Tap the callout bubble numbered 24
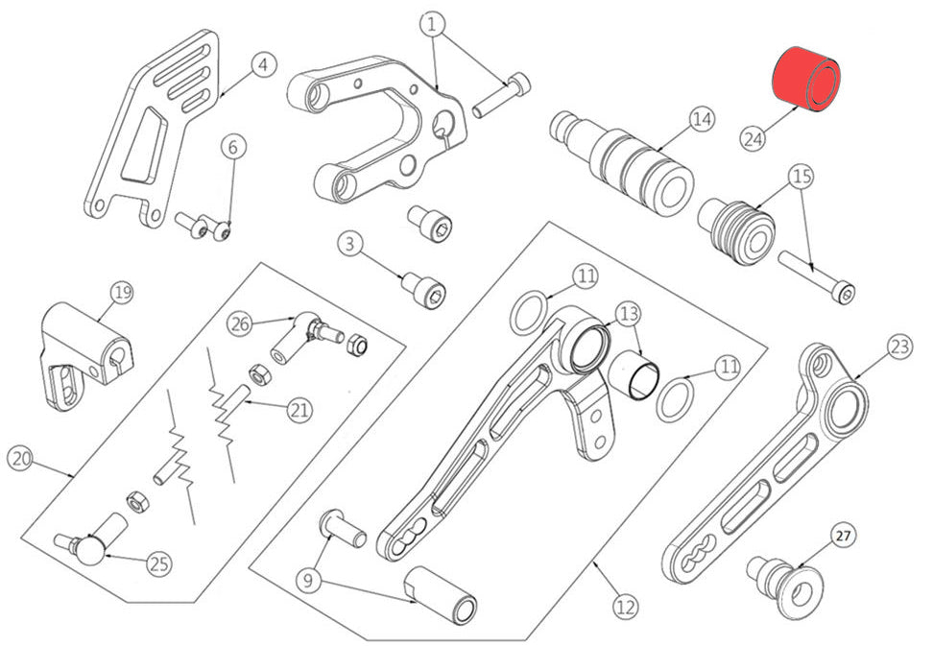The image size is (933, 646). click(753, 138)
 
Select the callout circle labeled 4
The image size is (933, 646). click(264, 65)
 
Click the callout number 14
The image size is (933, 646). click(702, 120)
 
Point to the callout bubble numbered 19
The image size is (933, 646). click(122, 293)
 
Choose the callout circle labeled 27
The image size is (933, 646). click(843, 536)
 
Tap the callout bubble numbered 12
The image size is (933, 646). click(626, 607)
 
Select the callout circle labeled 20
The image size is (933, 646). click(20, 459)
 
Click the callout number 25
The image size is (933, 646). click(159, 563)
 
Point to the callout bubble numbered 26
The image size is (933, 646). click(240, 324)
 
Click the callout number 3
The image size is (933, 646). click(349, 244)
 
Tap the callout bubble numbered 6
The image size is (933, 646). click(232, 146)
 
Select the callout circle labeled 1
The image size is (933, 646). click(433, 25)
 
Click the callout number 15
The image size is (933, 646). click(801, 176)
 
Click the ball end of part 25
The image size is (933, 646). click(89, 550)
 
